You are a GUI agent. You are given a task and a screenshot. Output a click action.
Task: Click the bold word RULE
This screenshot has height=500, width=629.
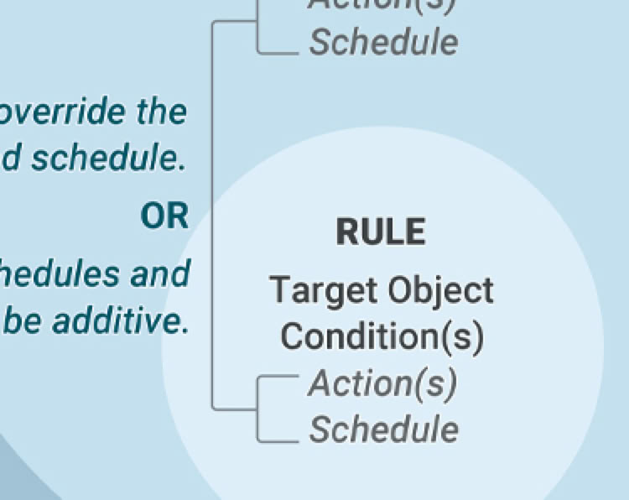(381, 232)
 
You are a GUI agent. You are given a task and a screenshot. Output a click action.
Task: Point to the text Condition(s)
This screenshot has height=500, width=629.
(382, 336)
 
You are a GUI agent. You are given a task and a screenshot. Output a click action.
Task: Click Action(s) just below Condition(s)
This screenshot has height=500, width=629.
(382, 383)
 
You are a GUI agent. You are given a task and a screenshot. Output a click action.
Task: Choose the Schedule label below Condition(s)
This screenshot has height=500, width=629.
(384, 430)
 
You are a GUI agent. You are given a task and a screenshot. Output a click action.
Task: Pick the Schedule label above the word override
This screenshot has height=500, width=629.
(384, 43)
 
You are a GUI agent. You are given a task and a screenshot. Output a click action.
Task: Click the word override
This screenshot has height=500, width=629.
(59, 112)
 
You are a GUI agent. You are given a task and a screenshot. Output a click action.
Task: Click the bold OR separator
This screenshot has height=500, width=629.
(164, 216)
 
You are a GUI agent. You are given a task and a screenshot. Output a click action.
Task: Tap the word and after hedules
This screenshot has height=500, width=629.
(157, 273)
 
